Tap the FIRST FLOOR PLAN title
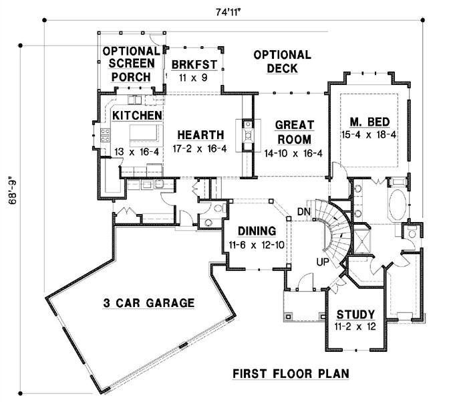290,373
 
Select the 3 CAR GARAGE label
148,303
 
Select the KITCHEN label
137,116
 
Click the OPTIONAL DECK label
282,62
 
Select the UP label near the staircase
322,262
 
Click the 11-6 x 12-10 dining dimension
257,245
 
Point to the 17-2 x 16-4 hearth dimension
198,148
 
